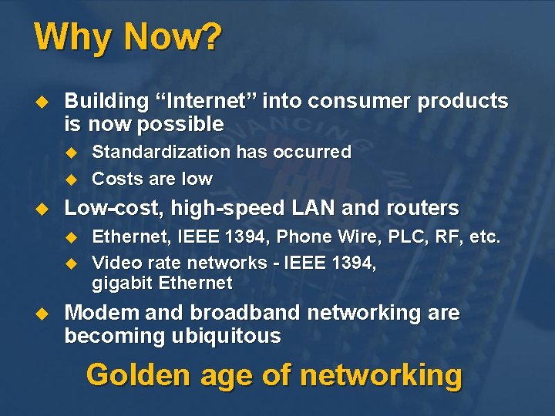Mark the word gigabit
123,283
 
